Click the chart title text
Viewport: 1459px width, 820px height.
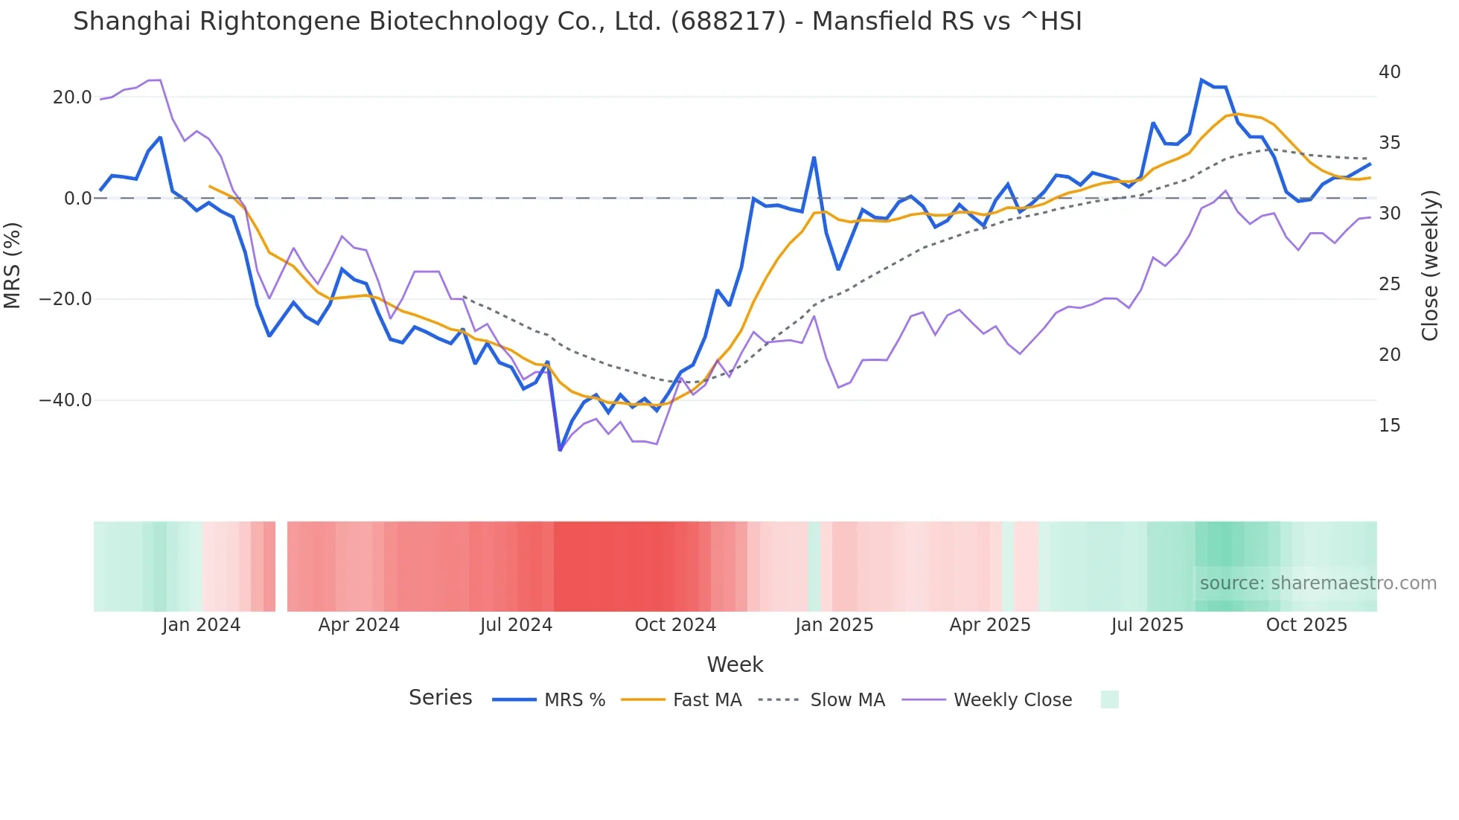coord(577,22)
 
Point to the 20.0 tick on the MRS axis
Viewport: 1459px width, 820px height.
coord(72,97)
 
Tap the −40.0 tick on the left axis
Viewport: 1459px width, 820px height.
coord(66,400)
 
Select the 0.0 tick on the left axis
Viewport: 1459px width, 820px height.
coord(78,199)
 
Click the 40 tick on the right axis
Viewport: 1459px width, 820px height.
coord(1389,72)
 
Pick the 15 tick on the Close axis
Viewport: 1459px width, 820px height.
coord(1389,426)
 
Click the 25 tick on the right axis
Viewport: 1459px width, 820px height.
coord(1389,284)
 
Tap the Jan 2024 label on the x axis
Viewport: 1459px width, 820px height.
coord(201,625)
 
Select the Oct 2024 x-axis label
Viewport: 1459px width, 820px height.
coord(675,625)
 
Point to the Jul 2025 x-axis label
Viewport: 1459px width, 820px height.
coord(1147,625)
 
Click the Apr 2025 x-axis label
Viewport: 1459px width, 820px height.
coord(990,625)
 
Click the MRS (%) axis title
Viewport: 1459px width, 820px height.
coord(13,265)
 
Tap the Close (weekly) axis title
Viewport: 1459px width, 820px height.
coord(1430,266)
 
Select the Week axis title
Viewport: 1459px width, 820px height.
coord(735,664)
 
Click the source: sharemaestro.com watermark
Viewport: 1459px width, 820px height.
coord(1318,583)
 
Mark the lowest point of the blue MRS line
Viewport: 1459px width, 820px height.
coord(560,450)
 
